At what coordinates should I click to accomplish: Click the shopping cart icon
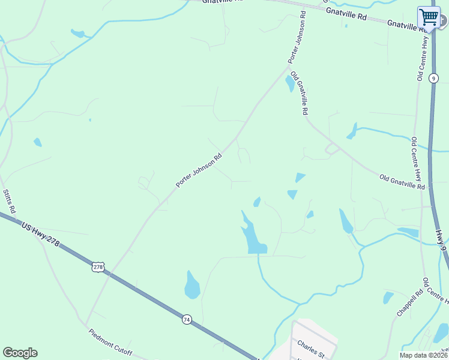tap(429, 17)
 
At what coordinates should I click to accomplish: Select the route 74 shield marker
tap(187, 320)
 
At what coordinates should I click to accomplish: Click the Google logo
tap(20, 353)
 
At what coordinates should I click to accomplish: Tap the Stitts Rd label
tap(8, 202)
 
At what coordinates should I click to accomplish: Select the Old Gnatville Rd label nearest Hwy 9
tap(402, 181)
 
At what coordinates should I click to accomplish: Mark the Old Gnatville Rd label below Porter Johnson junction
tap(299, 93)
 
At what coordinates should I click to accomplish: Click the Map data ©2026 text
tap(423, 355)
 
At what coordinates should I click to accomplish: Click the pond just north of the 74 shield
tap(191, 286)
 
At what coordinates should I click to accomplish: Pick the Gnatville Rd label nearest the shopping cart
tap(401, 23)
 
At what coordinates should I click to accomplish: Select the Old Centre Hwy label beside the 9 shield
tap(421, 58)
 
